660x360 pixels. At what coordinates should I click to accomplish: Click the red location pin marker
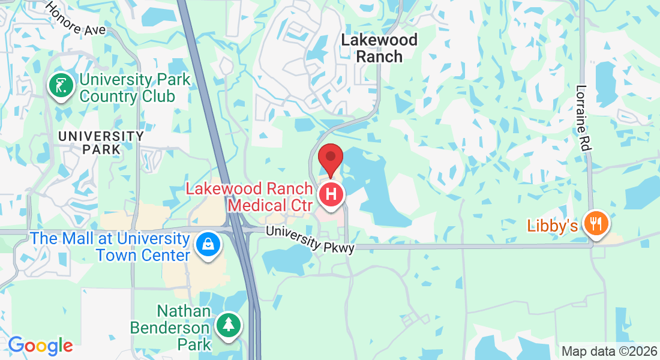[x=330, y=158]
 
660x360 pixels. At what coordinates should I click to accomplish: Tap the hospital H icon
[x=331, y=194]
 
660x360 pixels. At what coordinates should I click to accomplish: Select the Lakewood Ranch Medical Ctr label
[x=250, y=197]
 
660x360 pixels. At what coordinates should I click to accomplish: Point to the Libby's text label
[x=553, y=226]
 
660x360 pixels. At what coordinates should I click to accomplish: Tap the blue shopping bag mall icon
[x=208, y=244]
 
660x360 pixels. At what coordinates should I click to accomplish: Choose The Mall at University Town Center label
[x=110, y=247]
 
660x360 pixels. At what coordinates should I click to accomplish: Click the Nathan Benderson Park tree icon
[x=228, y=325]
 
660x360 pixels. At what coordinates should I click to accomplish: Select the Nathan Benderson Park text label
[x=184, y=328]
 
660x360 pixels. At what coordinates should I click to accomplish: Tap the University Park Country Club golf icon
[x=61, y=85]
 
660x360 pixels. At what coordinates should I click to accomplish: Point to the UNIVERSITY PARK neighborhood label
[x=101, y=143]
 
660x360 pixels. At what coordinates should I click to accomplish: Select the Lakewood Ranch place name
[x=379, y=48]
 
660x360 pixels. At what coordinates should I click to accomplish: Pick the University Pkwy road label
[x=310, y=239]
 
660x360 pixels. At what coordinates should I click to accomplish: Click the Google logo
[x=40, y=346]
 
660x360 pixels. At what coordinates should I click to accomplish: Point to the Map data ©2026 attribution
[x=608, y=351]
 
